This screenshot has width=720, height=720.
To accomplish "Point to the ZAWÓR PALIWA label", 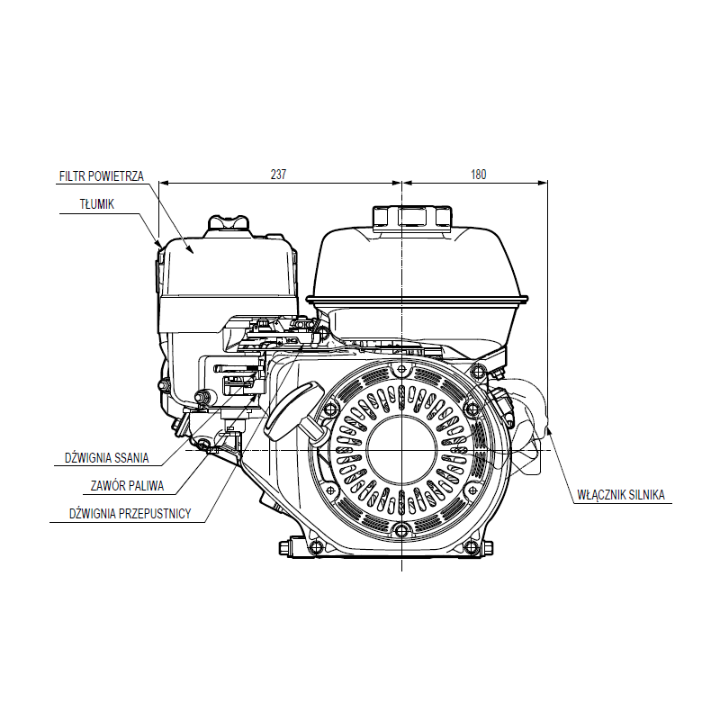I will pos(127,485).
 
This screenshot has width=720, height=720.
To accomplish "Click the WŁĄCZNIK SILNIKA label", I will pos(620,494).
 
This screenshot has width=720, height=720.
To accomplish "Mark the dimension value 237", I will pos(278,175).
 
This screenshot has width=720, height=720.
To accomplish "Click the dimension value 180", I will pos(478,175).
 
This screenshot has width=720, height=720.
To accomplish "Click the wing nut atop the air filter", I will pos(227,222).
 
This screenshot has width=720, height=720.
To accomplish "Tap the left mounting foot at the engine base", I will pos(298,546).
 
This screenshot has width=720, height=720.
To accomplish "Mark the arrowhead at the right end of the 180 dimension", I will pos(543,183).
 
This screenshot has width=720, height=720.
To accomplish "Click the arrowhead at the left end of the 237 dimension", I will pos(163,183).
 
